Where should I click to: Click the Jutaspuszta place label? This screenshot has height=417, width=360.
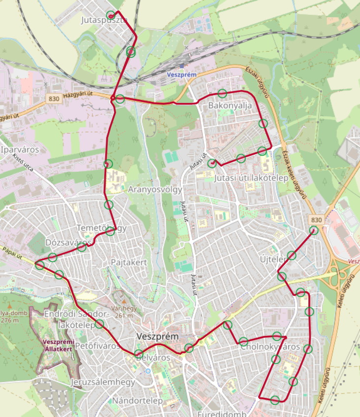[104, 21]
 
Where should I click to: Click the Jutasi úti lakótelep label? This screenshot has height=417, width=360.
[251, 177]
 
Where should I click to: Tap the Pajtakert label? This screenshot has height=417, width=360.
[129, 262]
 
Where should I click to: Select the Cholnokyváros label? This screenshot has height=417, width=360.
[270, 347]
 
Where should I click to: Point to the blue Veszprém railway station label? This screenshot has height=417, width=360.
[182, 75]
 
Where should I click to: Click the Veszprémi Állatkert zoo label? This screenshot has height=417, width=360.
[58, 346]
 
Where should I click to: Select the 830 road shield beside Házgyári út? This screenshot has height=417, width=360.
[53, 99]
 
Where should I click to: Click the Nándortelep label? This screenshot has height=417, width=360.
[137, 401]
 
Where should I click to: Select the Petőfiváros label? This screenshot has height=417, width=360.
[98, 346]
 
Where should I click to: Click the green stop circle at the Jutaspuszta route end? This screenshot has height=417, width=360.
[111, 15]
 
